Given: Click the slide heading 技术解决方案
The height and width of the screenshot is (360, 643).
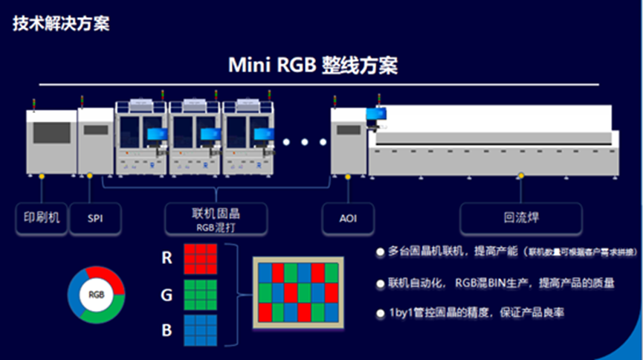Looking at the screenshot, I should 61,24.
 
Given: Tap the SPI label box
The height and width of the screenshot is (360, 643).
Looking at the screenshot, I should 94,219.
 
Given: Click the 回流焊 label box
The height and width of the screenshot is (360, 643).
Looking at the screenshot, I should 520,219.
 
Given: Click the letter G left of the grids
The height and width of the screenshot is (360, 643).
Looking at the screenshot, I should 167,295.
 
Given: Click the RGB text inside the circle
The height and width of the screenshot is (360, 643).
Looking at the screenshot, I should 96,294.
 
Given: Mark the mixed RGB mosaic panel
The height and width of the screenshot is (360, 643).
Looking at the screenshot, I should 299,293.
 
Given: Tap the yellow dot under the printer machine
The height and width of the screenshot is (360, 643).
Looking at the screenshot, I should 42,176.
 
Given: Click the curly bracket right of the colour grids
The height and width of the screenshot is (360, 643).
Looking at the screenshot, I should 236,295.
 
